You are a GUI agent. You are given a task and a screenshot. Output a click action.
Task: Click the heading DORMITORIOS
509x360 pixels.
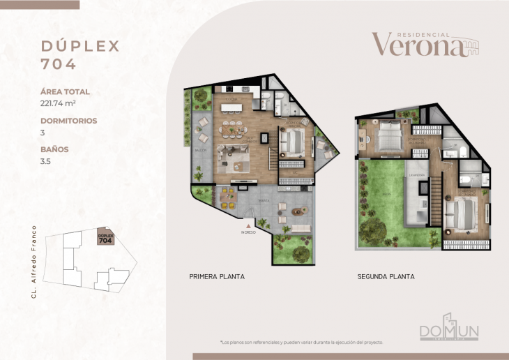click(68, 121)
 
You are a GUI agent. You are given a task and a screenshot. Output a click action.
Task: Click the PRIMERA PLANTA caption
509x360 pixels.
click(217, 277)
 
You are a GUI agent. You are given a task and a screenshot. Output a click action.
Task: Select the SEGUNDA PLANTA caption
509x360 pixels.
click(386, 277)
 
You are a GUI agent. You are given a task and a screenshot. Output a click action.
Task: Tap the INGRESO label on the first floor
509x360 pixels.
click(249, 232)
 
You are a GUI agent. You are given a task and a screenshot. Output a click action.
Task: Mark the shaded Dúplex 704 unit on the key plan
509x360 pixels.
click(105, 239)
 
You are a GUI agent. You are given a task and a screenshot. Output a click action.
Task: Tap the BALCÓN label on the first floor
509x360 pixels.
click(201, 149)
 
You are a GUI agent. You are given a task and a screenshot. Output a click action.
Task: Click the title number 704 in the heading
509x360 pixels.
click(58, 65)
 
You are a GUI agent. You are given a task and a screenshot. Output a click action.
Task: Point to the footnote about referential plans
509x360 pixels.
click(301, 343)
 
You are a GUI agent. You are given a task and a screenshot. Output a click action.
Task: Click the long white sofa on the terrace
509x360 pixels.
click(301, 228)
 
